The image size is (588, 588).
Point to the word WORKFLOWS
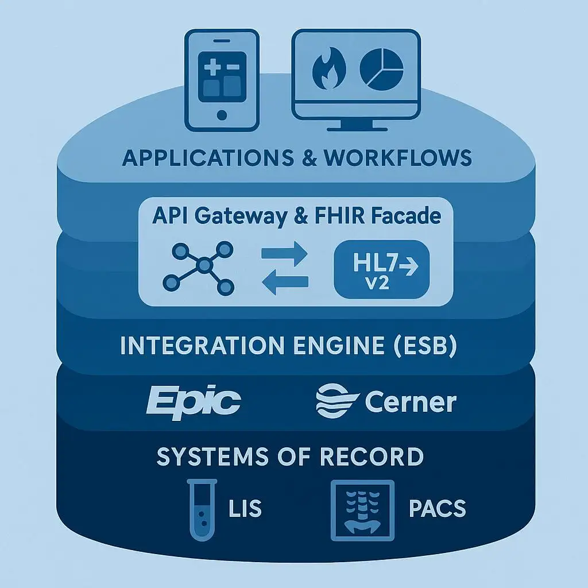coord(398,157)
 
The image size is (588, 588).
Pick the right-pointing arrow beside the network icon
coord(285,253)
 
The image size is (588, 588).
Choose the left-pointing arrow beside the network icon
coord(285,281)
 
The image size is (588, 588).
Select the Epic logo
coord(193,401)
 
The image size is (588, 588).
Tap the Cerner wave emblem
coord(336,402)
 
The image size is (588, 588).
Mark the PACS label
coord(438,509)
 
